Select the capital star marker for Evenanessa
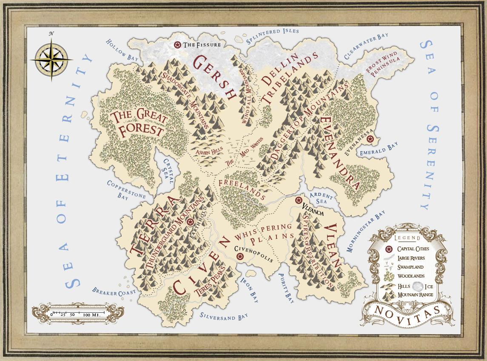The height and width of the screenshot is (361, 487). pos(370,139)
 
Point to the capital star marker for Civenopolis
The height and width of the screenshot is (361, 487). pos(240,256)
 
